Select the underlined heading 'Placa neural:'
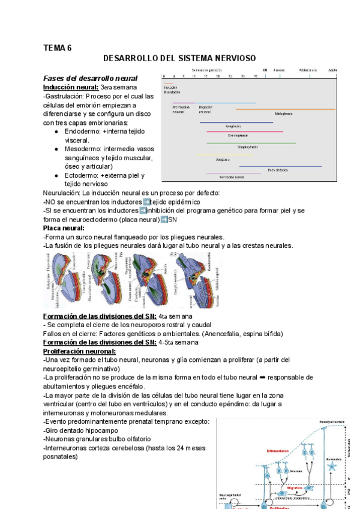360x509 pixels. pyautogui.click(x=64, y=228)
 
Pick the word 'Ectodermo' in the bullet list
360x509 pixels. pyautogui.click(x=82, y=175)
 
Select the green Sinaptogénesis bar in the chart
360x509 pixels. pyautogui.click(x=251, y=143)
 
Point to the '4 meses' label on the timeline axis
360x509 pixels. pyautogui.click(x=280, y=70)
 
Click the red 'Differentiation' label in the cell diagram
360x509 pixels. pyautogui.click(x=278, y=451)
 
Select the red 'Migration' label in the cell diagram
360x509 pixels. pyautogui.click(x=295, y=488)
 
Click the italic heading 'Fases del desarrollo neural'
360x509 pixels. pyautogui.click(x=91, y=79)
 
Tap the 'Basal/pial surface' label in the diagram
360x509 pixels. pyautogui.click(x=332, y=421)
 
